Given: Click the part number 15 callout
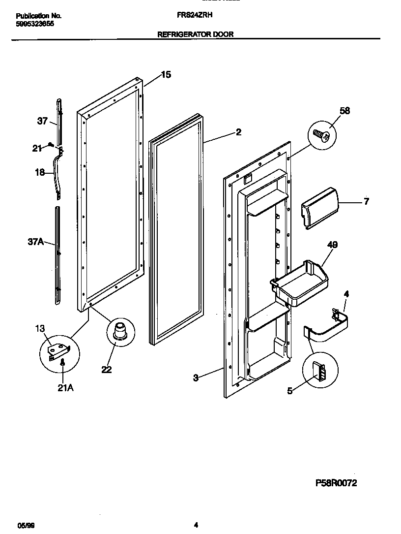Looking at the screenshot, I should tap(166, 75).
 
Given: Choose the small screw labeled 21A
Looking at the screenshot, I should tap(63, 363).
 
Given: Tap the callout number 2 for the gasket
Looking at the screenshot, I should tap(238, 132).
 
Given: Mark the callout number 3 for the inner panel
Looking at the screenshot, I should tap(196, 378).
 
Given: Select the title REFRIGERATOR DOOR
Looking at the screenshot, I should tap(195, 34).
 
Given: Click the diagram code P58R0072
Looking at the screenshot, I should tap(336, 483).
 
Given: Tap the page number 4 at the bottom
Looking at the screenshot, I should tap(196, 525).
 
